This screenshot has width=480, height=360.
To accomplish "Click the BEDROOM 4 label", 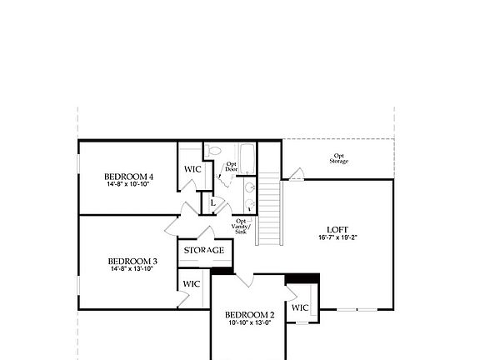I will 129,177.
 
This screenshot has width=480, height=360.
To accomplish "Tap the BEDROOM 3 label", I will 132,261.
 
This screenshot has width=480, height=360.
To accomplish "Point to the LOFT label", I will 337,229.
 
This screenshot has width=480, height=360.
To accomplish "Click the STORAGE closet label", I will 203,250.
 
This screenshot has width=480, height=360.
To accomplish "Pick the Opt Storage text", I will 338,158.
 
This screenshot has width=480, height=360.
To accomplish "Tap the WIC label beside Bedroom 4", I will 192,169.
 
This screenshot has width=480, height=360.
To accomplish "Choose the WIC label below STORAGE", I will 192,284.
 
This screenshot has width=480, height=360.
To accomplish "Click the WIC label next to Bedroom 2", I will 300,307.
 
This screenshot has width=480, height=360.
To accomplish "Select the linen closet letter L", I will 212,202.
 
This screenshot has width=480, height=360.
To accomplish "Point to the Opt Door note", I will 231,167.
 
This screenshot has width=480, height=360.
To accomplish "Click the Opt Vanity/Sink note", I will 240,227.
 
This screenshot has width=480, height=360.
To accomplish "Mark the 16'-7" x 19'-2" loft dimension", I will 337,237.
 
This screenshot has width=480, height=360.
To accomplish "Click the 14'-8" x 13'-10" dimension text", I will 132,269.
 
